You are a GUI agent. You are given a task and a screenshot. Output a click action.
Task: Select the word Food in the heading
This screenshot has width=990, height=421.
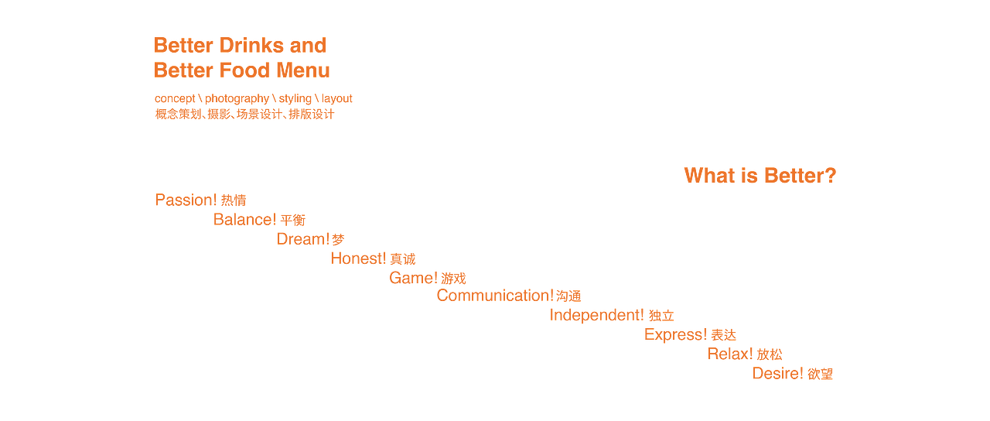(244, 70)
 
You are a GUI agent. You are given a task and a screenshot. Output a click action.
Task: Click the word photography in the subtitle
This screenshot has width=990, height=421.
(237, 98)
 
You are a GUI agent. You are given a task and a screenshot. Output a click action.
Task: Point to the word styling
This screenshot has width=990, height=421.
(295, 98)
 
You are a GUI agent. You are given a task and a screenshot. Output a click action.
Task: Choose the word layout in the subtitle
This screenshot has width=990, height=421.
(336, 98)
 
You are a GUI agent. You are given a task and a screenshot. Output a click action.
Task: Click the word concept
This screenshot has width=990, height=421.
(175, 98)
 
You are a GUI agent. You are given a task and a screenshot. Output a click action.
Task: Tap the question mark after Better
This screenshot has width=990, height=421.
(830, 176)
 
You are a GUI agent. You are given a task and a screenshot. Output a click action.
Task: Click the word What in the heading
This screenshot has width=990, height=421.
(710, 176)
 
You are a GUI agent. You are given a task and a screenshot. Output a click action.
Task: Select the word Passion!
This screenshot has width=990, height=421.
(186, 200)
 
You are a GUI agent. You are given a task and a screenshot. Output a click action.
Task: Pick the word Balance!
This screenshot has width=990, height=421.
(245, 220)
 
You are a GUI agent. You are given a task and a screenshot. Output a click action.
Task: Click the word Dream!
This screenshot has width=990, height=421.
(303, 239)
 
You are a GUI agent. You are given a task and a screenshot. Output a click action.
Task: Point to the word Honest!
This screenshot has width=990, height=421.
(358, 258)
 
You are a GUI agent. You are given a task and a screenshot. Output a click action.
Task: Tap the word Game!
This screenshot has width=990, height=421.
(413, 278)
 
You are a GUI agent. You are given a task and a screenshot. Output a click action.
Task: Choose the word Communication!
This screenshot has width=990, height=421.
(495, 296)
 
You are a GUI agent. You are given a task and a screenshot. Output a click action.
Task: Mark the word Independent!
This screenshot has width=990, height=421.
(596, 315)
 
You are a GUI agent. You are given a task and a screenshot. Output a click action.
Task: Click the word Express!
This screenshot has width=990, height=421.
(675, 335)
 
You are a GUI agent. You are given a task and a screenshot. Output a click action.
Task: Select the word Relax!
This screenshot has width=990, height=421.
(730, 354)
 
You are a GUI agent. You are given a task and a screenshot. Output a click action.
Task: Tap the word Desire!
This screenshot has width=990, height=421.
(778, 374)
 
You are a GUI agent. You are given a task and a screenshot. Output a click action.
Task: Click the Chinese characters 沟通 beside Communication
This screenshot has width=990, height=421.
(568, 296)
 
